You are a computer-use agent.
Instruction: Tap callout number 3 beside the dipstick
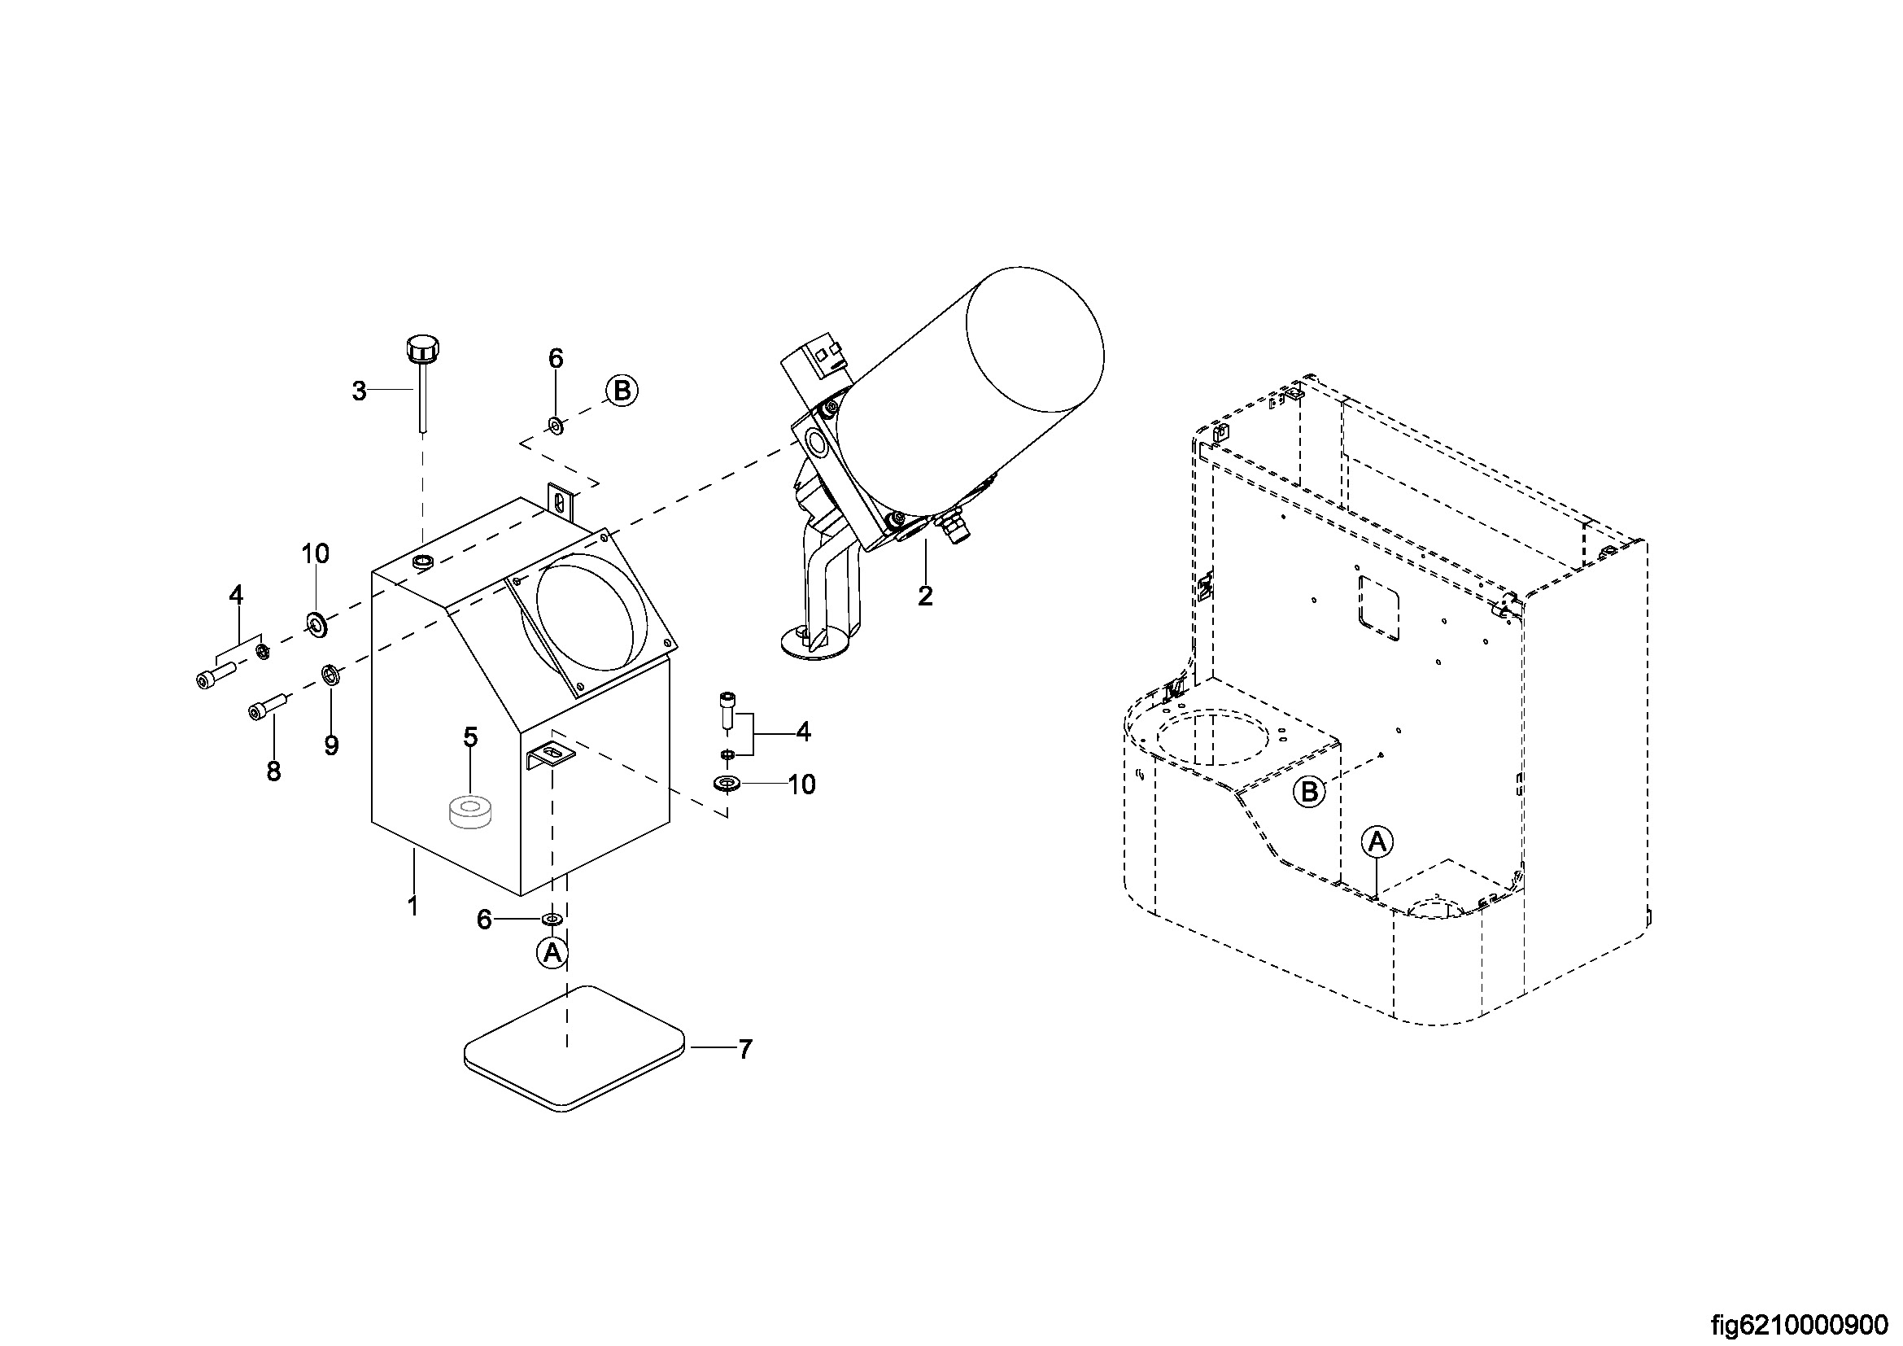tap(359, 391)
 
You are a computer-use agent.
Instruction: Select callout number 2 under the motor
tap(925, 595)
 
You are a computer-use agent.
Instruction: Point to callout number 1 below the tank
tap(412, 905)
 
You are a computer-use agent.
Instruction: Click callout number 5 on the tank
tap(470, 736)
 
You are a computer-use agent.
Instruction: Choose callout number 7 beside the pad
tap(745, 1050)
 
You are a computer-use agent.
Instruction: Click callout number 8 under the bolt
tap(273, 771)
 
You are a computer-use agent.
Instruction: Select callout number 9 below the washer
tap(330, 745)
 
